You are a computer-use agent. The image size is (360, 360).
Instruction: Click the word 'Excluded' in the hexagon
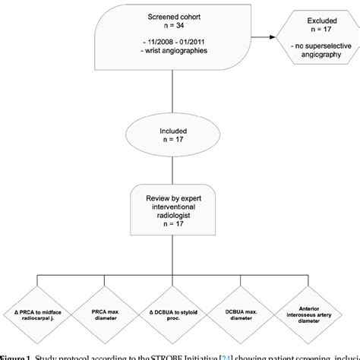pyautogui.click(x=315, y=16)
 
